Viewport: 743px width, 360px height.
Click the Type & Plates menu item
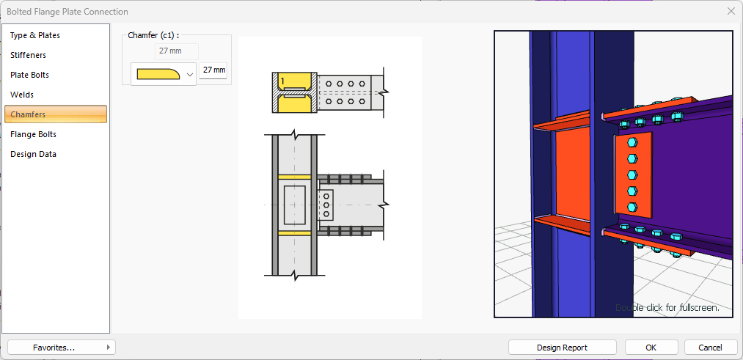pyautogui.click(x=35, y=35)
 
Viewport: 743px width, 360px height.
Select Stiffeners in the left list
pyautogui.click(x=29, y=56)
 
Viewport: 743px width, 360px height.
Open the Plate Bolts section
pyautogui.click(x=30, y=76)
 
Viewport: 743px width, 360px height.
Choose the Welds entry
pyautogui.click(x=22, y=95)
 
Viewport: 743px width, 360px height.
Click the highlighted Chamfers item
pyautogui.click(x=56, y=114)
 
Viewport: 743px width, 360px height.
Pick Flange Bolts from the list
pyautogui.click(x=33, y=134)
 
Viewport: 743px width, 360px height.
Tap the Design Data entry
pyautogui.click(x=33, y=155)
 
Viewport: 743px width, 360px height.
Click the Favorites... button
pyautogui.click(x=62, y=348)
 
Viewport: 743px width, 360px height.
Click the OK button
pyautogui.click(x=651, y=348)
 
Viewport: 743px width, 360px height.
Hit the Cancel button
pyautogui.click(x=711, y=348)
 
